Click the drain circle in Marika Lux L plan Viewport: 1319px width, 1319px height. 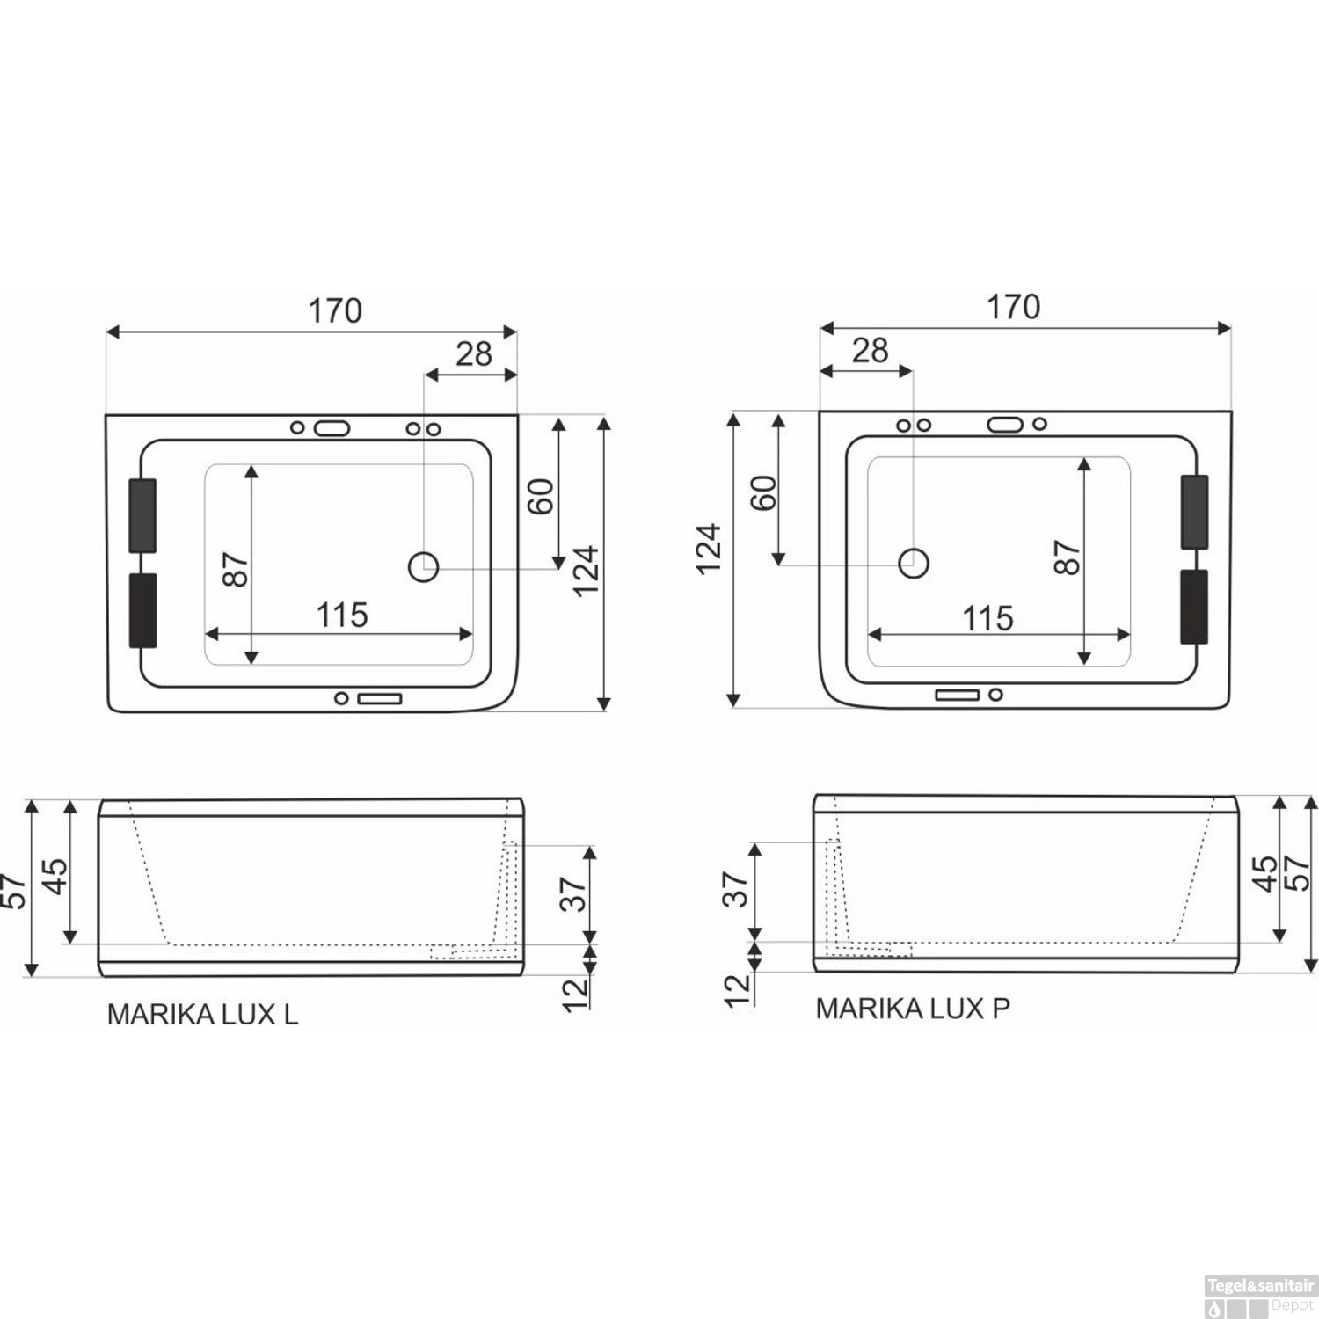click(x=424, y=567)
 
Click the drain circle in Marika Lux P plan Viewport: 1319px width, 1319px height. click(x=914, y=562)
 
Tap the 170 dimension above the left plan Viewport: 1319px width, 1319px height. click(x=334, y=311)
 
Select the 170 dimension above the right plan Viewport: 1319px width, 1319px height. click(x=1013, y=308)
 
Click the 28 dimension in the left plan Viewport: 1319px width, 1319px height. click(x=474, y=354)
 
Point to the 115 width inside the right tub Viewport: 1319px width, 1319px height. click(x=987, y=619)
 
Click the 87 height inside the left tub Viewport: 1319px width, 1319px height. click(x=236, y=570)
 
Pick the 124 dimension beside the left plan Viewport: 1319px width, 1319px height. click(x=586, y=571)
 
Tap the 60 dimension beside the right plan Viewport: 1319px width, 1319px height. click(x=763, y=492)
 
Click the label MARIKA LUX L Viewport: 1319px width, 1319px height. click(x=202, y=1015)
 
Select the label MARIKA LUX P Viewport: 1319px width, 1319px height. click(x=913, y=1009)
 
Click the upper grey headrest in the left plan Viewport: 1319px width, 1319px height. click(x=142, y=516)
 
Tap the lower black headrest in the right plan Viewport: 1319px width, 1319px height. click(x=1193, y=607)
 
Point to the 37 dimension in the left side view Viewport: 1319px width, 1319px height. click(x=572, y=894)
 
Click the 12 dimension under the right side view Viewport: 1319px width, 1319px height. click(x=738, y=990)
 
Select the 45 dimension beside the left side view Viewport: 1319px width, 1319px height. click(x=55, y=876)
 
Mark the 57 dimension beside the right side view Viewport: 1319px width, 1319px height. click(x=1298, y=872)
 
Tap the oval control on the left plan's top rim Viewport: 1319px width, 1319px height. click(x=332, y=428)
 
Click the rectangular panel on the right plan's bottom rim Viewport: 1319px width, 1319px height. click(x=957, y=695)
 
